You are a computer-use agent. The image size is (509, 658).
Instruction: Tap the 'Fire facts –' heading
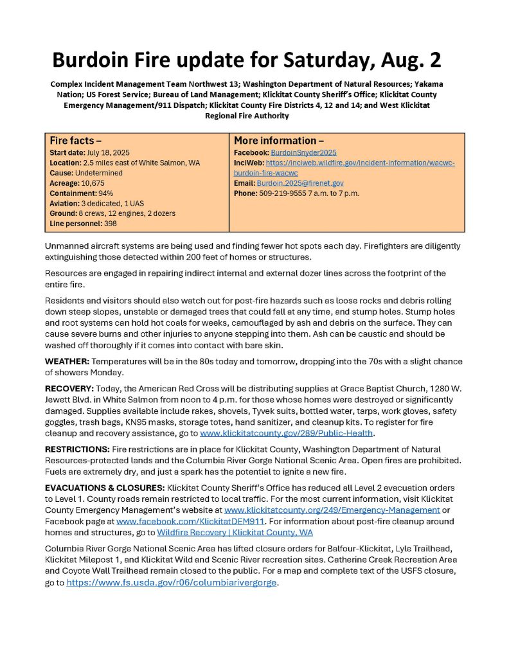(76, 140)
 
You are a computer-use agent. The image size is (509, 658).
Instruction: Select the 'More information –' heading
(279, 140)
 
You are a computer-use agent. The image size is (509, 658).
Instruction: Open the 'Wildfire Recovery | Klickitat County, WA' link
(235, 532)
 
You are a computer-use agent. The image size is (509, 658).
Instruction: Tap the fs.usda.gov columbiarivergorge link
(172, 583)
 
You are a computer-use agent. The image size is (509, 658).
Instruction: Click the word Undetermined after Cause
(100, 173)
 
